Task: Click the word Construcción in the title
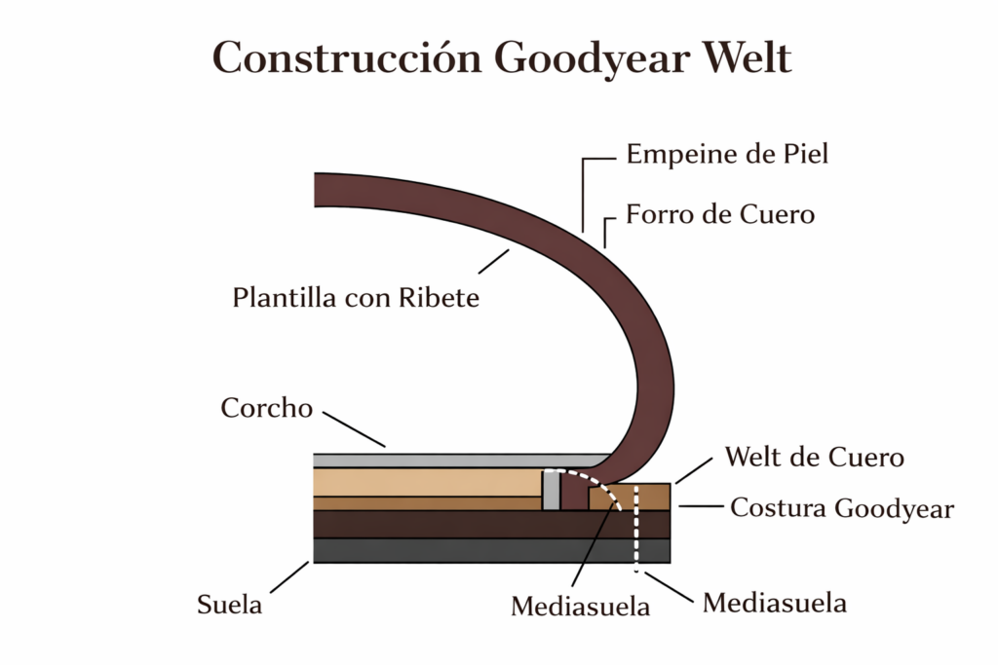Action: pyautogui.click(x=345, y=58)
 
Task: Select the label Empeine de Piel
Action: pyautogui.click(x=727, y=154)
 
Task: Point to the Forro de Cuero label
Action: pyautogui.click(x=719, y=213)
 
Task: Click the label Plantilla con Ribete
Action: pyautogui.click(x=356, y=298)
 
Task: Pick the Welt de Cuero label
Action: pyautogui.click(x=815, y=457)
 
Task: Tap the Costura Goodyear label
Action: pyautogui.click(x=841, y=507)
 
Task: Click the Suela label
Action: pyautogui.click(x=230, y=605)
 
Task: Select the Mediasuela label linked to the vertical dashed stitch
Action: pyautogui.click(x=775, y=603)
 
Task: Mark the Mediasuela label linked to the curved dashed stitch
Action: pyautogui.click(x=581, y=607)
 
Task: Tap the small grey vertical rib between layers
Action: pyautogui.click(x=553, y=491)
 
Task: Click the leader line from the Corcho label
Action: pyautogui.click(x=355, y=428)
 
